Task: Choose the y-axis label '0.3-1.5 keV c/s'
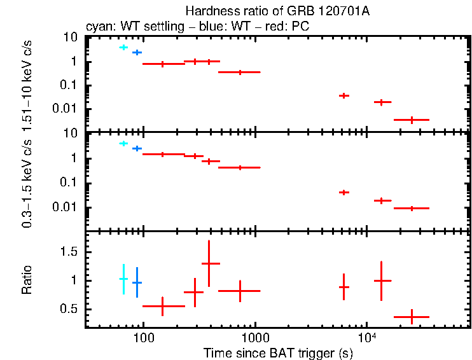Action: (27, 181)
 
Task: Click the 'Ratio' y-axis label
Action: (27, 280)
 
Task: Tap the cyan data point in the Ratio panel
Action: (123, 279)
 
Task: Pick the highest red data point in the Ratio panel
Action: (211, 263)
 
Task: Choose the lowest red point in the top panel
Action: (412, 120)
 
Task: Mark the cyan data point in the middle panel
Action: (123, 144)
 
